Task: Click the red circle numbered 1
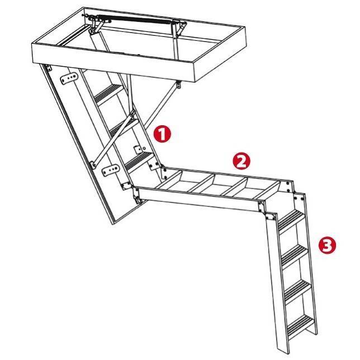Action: [162, 134]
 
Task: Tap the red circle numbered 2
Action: [241, 162]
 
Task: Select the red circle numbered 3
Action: [327, 246]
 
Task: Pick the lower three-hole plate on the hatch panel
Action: [111, 170]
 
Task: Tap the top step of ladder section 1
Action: [108, 94]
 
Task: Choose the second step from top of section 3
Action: [294, 255]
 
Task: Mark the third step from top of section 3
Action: [298, 291]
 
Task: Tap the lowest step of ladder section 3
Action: [301, 326]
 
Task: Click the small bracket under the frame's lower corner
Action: [178, 84]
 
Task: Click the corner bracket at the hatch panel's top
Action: [48, 68]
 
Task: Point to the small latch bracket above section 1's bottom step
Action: [139, 149]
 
